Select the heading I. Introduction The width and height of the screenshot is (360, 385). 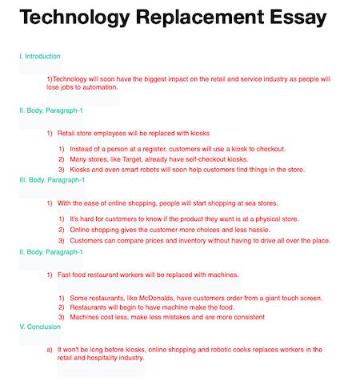[39, 57]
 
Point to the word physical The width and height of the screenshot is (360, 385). [267, 219]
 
